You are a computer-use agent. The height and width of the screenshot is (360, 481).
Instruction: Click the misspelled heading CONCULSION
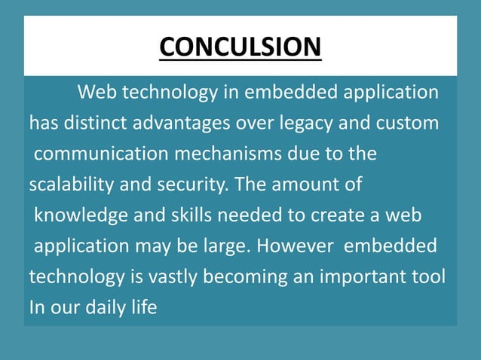tap(240, 47)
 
